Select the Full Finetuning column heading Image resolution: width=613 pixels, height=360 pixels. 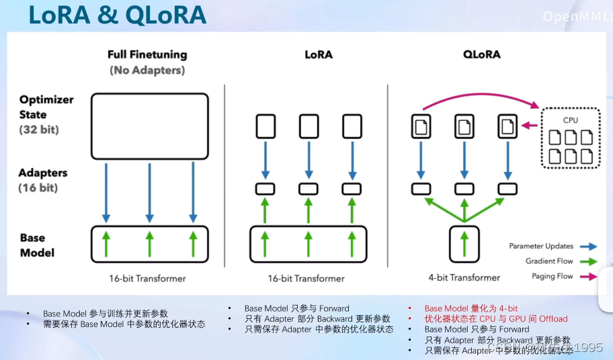(x=147, y=54)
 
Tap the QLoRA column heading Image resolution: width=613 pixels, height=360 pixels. (x=481, y=54)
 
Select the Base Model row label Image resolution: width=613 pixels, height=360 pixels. (x=37, y=245)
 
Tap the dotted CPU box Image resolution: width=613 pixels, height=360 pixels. (x=570, y=138)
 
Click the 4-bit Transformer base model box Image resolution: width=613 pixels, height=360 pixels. (x=464, y=244)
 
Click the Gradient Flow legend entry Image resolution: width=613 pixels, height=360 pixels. (x=549, y=261)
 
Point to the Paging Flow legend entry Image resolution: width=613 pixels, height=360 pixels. (x=550, y=275)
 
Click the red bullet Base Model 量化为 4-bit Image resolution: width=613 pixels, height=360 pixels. (x=471, y=308)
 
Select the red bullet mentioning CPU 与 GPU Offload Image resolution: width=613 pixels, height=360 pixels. (x=495, y=319)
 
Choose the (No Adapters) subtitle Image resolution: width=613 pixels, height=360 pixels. (x=147, y=70)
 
